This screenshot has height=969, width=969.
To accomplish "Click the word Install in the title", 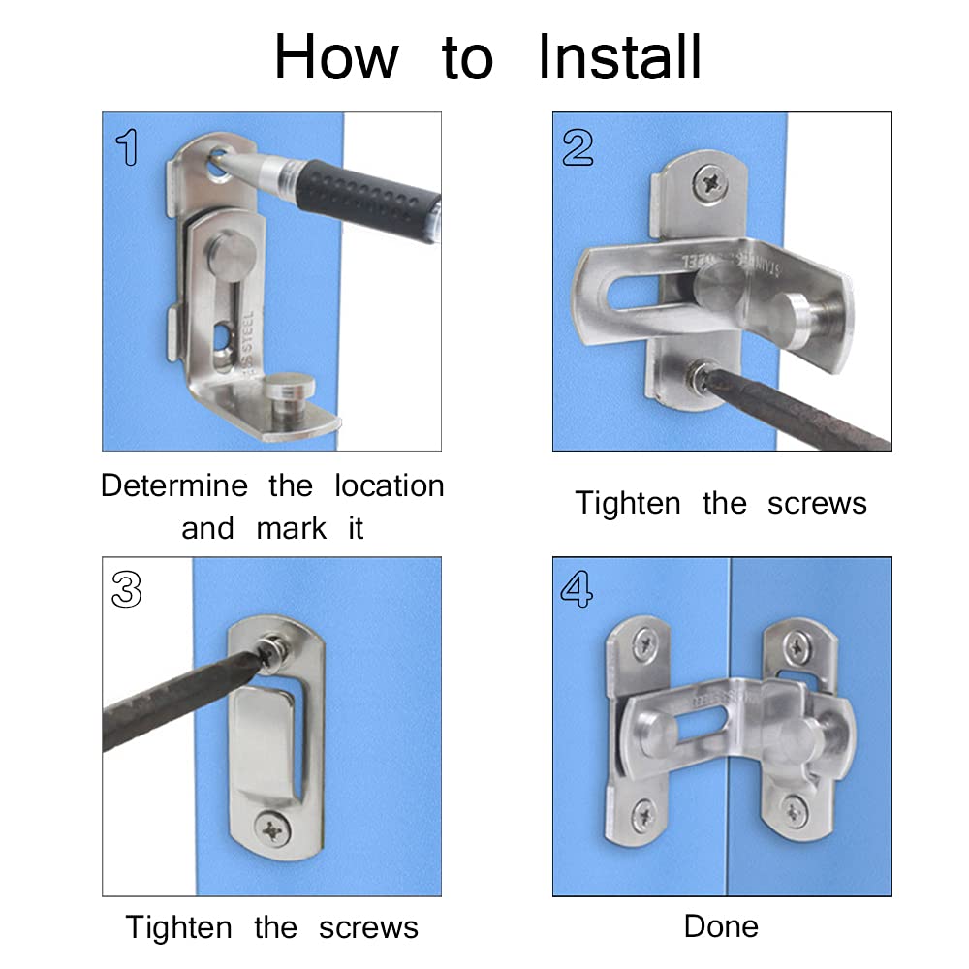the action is point(620,57).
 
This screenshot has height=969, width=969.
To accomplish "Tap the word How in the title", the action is point(336,57).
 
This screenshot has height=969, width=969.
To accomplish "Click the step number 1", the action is point(127,147).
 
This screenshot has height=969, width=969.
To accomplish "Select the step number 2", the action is point(578,147).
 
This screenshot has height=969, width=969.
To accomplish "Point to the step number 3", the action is point(127,589).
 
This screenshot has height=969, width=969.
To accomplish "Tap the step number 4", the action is point(577,589).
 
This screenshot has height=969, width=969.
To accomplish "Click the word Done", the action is point(721,926).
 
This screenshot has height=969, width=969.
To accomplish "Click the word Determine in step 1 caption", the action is point(174,485).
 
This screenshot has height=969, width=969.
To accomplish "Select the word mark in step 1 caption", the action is point(291,528).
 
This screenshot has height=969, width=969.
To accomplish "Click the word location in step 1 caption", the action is point(390,485).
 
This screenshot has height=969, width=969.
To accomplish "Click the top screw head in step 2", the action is point(710,183).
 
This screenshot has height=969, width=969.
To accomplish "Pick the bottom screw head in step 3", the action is point(272,830).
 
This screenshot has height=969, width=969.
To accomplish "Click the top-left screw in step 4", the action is point(644,645).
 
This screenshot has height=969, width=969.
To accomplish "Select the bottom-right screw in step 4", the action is point(794,809).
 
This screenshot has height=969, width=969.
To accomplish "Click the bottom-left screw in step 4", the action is point(644,816).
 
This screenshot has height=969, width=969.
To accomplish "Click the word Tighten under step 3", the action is point(178,927).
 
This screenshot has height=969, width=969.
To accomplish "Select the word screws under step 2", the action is point(817,504).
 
